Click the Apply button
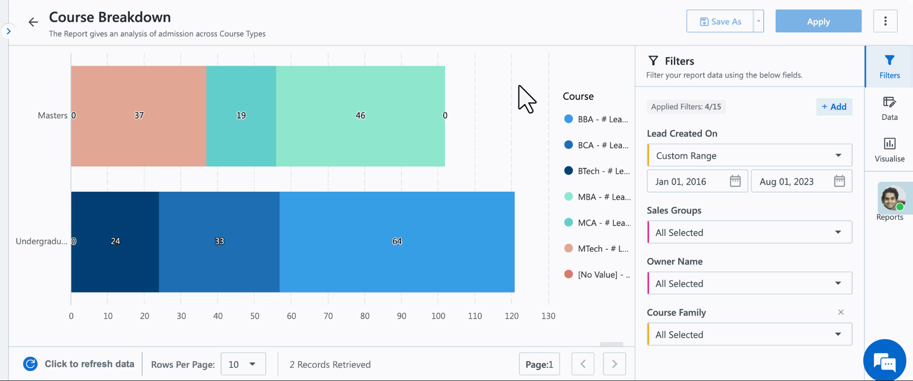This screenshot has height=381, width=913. [818, 21]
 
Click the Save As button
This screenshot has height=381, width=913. [720, 21]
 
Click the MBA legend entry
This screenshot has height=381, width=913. [597, 197]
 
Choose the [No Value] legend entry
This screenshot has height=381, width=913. [597, 274]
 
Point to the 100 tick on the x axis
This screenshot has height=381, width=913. [438, 316]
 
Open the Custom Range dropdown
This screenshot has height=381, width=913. [749, 156]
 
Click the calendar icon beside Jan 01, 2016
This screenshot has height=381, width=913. [735, 181]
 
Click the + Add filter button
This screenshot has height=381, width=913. [834, 107]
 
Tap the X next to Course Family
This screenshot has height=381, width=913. [841, 312]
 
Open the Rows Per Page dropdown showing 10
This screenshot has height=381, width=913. [243, 364]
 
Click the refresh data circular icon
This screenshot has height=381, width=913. [30, 364]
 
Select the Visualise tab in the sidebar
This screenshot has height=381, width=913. [889, 149]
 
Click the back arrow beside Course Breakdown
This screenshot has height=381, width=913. [33, 22]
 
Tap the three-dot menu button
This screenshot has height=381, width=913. [885, 21]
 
